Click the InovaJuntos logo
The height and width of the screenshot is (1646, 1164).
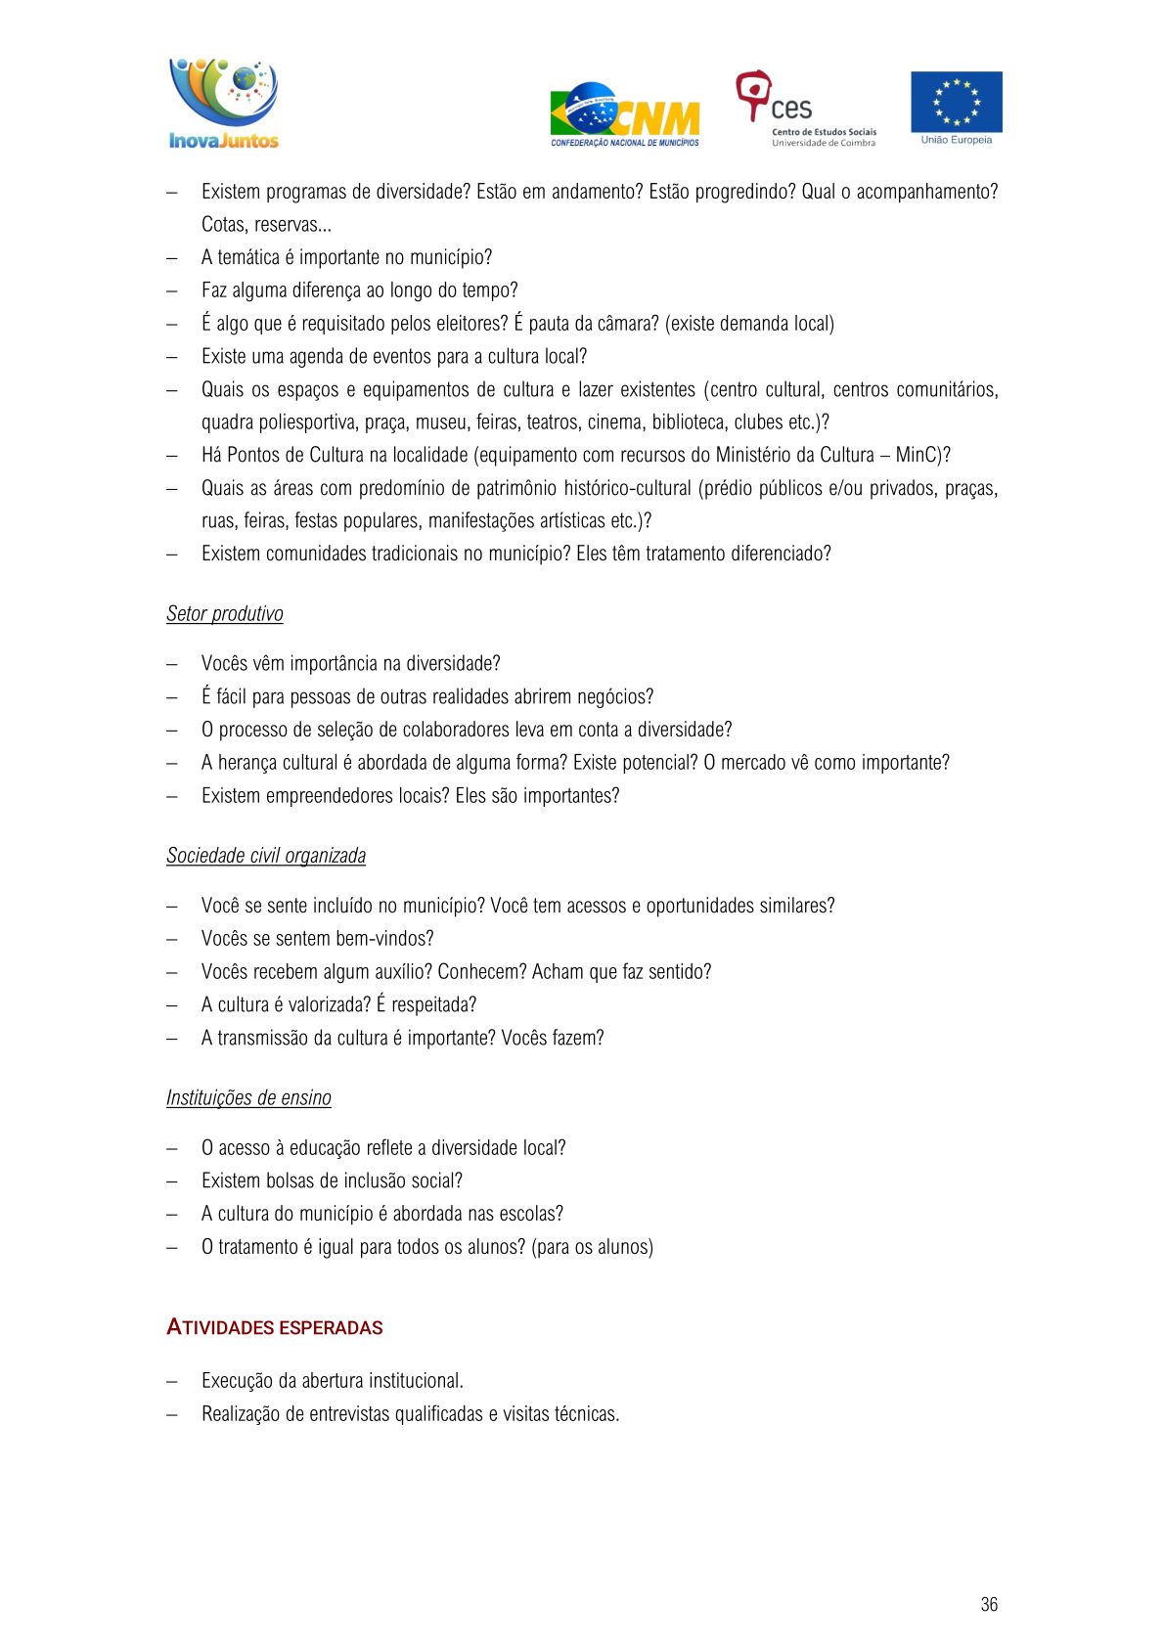[x=224, y=104]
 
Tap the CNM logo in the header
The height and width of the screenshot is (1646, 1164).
[x=625, y=115]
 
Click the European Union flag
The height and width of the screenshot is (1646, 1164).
[x=956, y=101]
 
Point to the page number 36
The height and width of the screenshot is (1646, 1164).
[x=988, y=1604]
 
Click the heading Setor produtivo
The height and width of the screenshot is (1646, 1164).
[x=224, y=614]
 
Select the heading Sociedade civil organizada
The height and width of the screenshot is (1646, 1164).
[x=265, y=856]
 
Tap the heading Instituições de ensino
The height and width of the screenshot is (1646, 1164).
[x=248, y=1098]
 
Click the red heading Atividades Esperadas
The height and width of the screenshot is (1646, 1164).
[x=274, y=1327]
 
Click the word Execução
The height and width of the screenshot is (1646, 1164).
[x=237, y=1381]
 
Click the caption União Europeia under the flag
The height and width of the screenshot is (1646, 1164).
[x=956, y=140]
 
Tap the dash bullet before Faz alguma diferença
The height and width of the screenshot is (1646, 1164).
[x=172, y=291]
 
